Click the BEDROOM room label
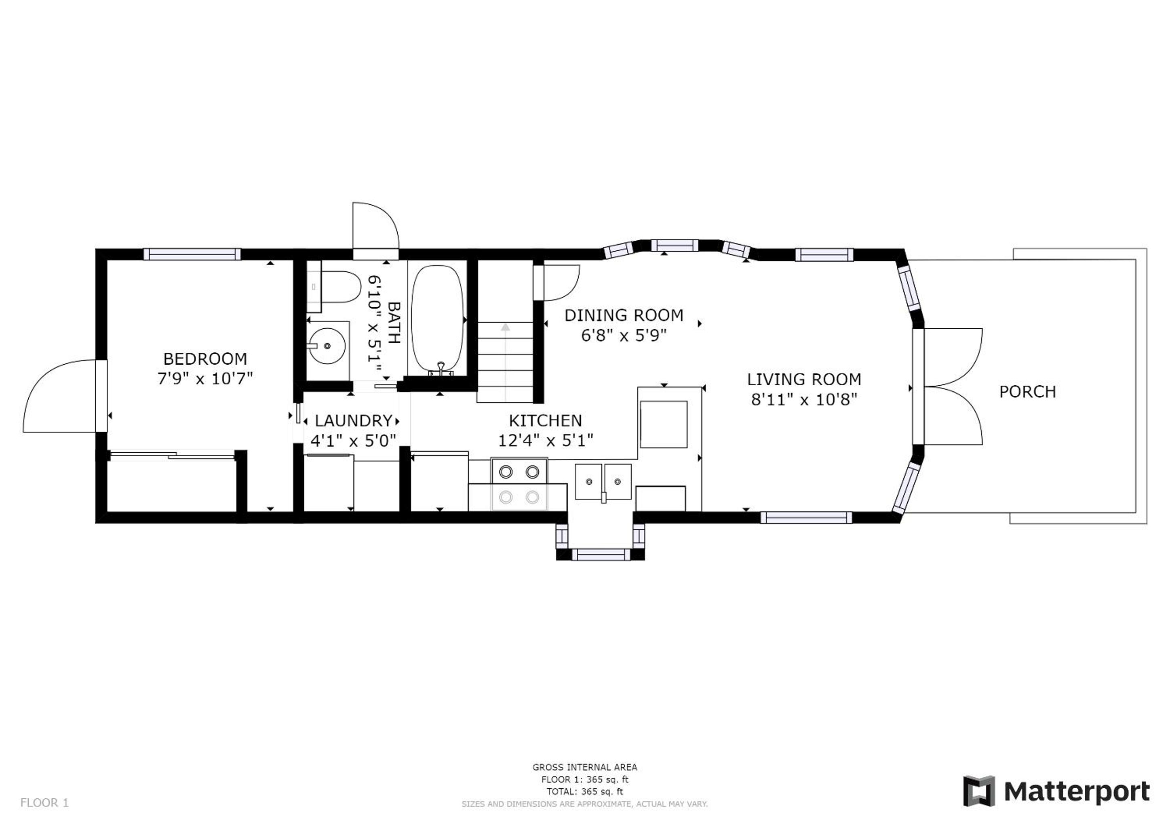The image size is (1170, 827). point(205,359)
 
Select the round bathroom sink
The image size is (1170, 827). point(327,346)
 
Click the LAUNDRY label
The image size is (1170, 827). point(354,421)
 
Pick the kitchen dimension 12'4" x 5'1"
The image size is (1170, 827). point(546,440)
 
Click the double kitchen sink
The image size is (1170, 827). point(603,481)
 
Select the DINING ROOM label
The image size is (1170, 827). point(624,316)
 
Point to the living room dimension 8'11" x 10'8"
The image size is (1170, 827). point(804,399)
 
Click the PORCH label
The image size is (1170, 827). point(1027,392)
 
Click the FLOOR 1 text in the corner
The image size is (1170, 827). point(44,803)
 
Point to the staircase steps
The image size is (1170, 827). point(505,362)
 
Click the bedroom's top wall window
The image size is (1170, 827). point(192,254)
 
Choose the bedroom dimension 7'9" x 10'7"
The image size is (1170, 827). point(205,379)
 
